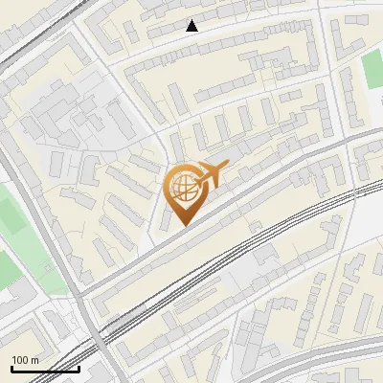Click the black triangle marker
click(x=192, y=26)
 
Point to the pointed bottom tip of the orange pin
click(x=182, y=225)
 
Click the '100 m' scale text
click(x=25, y=359)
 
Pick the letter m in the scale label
click(x=34, y=359)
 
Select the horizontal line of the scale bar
click(x=45, y=369)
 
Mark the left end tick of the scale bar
click(x=11, y=367)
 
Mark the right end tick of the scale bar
click(x=79, y=367)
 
